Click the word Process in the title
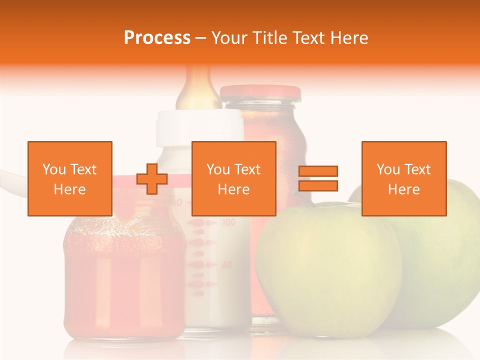tap(157, 38)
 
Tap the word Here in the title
tap(348, 38)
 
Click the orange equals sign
tap(318, 178)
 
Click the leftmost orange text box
tap(70, 178)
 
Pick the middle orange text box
tap(233, 178)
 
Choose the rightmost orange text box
tap(403, 178)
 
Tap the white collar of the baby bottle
tap(199, 127)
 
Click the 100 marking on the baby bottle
tap(228, 221)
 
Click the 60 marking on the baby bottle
tap(227, 264)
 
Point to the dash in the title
tap(201, 38)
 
